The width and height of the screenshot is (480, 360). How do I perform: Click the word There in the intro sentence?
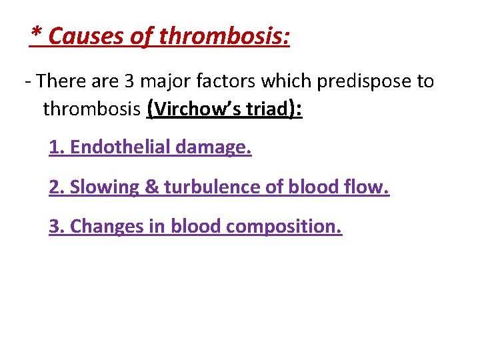tap(61, 82)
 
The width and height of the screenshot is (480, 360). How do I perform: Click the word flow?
tap(369, 187)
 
